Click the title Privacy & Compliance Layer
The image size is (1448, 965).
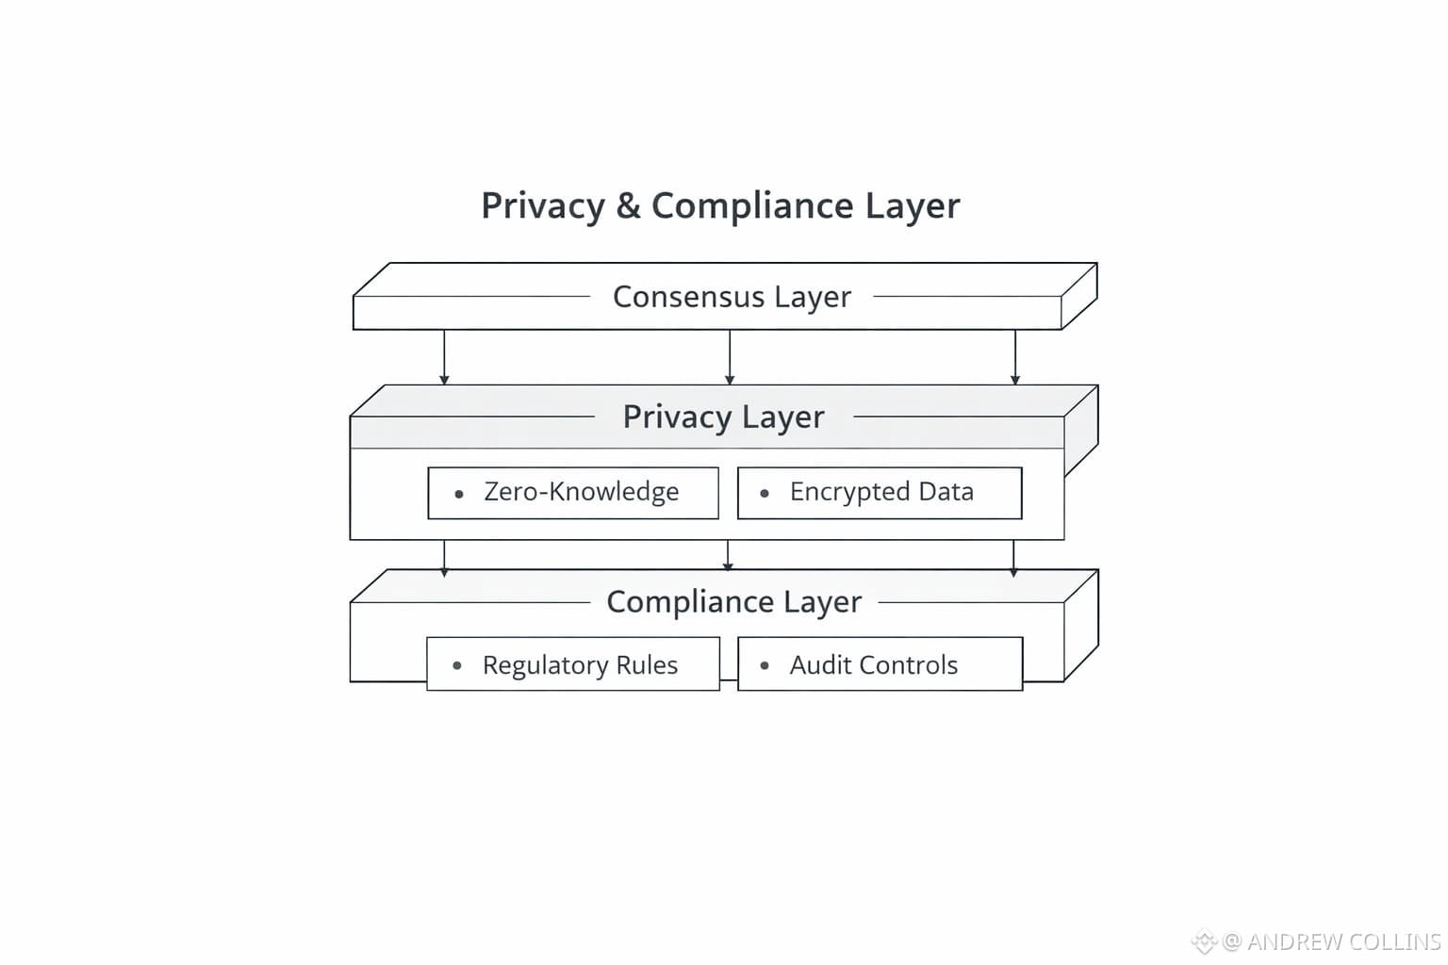[x=720, y=205]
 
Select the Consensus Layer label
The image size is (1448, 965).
[x=732, y=297]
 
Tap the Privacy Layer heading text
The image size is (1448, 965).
[x=723, y=417]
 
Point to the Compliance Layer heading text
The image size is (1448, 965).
[x=733, y=601]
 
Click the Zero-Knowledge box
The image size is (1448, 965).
[x=573, y=493]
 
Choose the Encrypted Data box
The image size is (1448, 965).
[x=880, y=493]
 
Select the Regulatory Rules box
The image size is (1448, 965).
[x=573, y=664]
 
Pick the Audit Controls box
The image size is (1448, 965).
[x=880, y=664]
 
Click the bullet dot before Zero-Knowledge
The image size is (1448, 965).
[x=459, y=494]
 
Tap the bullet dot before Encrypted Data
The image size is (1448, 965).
[x=765, y=494]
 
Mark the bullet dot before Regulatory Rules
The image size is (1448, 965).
[x=457, y=666]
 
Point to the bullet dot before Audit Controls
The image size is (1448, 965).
[x=765, y=666]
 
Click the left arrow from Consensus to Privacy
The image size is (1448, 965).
[x=444, y=357]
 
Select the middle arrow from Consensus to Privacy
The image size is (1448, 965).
[x=730, y=357]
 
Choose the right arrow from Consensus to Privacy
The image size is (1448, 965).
[x=1015, y=357]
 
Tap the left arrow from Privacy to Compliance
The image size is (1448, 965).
[x=444, y=556]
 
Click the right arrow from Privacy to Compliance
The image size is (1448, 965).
[x=1013, y=556]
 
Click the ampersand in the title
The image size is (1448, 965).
[x=628, y=206]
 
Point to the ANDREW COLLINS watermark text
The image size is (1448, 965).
[x=1343, y=941]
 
